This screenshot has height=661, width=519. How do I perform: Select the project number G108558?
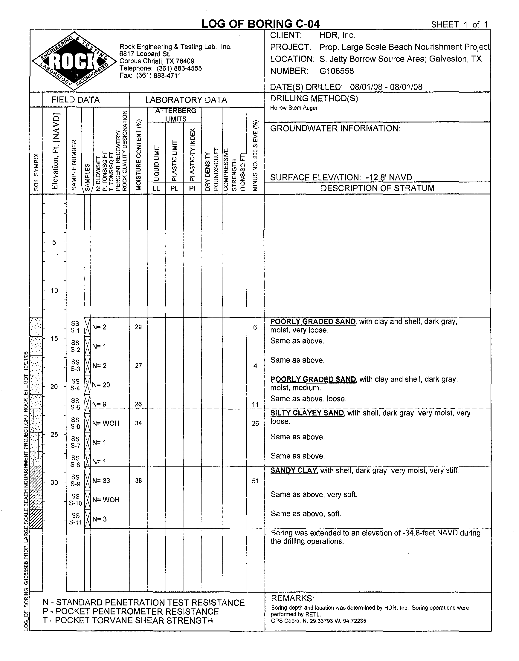337,71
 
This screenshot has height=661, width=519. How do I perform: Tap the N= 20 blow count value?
101,385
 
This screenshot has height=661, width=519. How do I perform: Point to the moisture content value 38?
138,481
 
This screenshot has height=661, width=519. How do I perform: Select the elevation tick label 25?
54,435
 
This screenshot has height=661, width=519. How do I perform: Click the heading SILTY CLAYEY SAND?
307,413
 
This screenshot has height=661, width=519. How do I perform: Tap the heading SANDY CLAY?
294,471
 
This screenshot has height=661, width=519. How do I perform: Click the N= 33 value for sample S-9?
101,481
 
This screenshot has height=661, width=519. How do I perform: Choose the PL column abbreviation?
174,188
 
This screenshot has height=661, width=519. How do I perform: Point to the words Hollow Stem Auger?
294,108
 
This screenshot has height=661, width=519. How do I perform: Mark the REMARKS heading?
292,598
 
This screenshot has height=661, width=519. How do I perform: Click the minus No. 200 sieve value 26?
255,423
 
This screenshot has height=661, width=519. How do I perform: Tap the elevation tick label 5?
54,242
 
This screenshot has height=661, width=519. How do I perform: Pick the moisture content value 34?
138,423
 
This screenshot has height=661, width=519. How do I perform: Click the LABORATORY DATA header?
186,100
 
